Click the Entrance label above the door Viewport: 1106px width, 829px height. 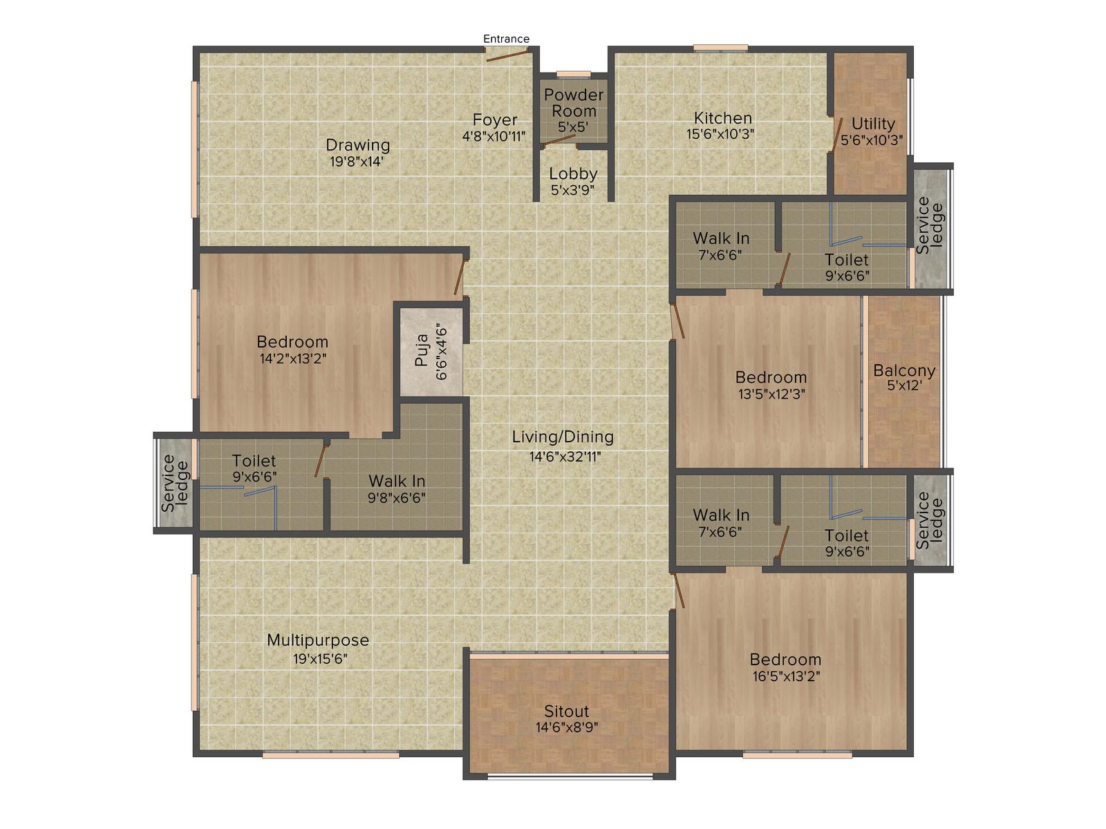506,39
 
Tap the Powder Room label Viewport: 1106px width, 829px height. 574,103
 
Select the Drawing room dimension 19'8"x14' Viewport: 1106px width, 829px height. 357,162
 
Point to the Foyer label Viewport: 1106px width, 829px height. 495,120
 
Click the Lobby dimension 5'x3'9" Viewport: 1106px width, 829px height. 572,190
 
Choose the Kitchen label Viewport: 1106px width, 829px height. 722,117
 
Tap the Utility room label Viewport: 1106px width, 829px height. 873,124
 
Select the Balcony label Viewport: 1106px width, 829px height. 904,370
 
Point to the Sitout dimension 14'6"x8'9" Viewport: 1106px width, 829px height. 567,727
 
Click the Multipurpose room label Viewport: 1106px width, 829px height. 318,640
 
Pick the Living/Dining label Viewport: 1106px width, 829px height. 563,437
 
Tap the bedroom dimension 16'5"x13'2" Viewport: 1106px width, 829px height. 786,676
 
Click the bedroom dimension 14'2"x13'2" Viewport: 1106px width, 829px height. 293,359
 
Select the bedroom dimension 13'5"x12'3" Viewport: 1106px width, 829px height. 771,394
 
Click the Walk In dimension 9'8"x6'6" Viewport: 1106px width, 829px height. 397,498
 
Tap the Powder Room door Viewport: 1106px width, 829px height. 559,141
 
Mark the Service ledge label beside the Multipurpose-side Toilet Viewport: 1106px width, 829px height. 174,483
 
